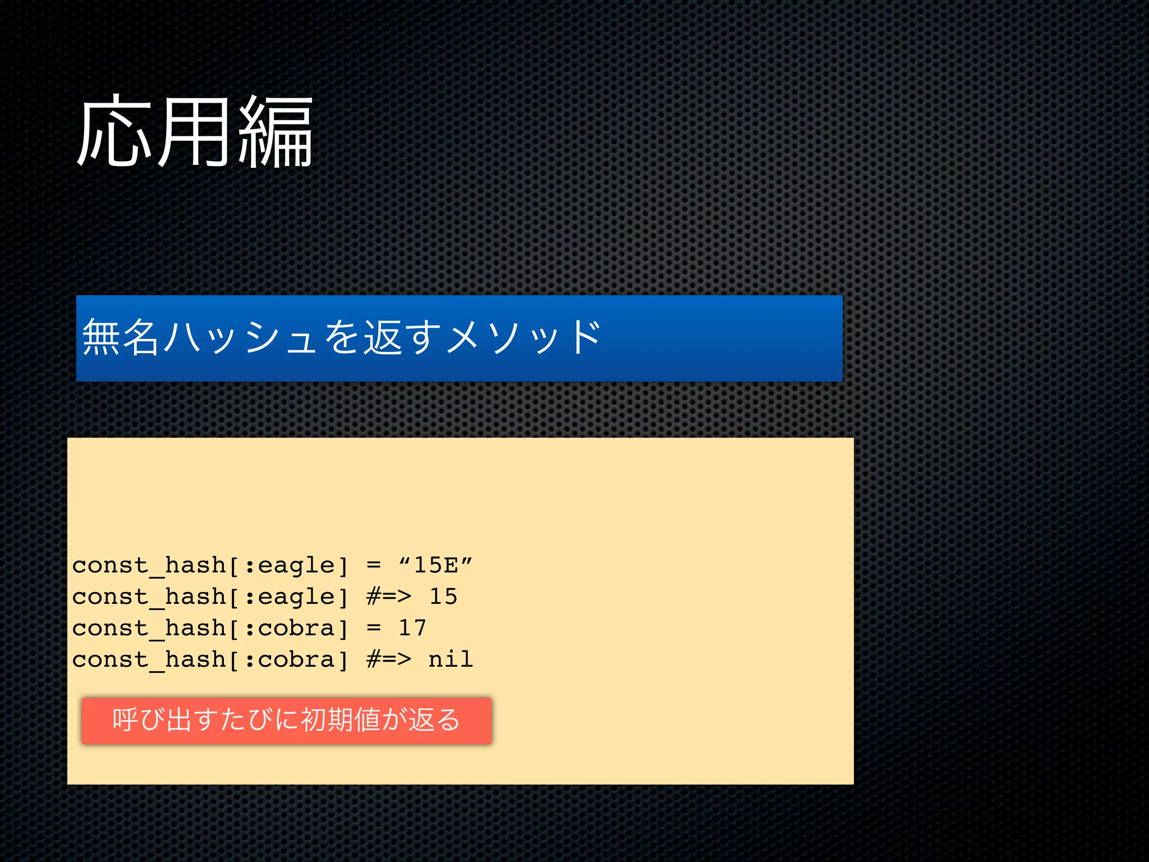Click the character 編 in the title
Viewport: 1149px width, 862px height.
click(275, 132)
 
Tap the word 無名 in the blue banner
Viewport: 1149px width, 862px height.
click(120, 337)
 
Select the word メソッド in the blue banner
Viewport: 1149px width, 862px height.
click(524, 337)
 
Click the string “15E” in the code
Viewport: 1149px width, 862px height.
click(435, 565)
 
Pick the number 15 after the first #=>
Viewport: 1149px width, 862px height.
click(443, 597)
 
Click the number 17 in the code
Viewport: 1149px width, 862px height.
click(412, 628)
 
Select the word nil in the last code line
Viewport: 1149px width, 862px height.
click(451, 659)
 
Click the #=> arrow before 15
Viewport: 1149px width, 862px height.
click(389, 597)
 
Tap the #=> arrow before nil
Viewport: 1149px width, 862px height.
click(389, 659)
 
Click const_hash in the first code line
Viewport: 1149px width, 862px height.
click(149, 565)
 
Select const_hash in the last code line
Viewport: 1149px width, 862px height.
click(149, 659)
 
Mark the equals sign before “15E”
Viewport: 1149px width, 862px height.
click(374, 565)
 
